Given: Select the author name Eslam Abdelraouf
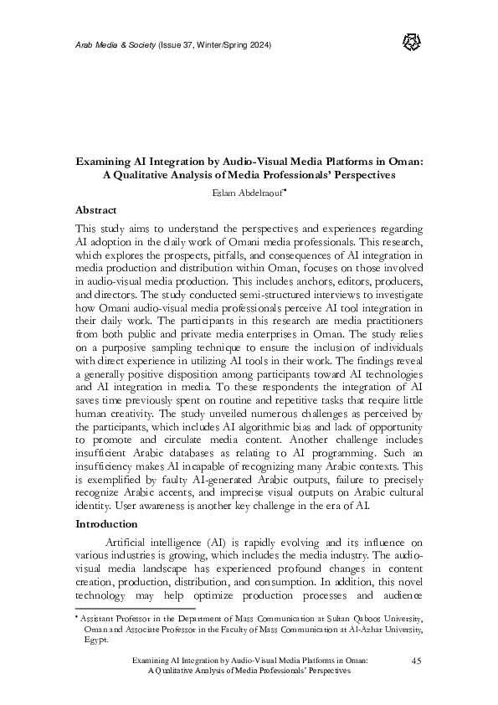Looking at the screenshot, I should [247, 192].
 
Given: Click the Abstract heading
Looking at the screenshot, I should [95, 209].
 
